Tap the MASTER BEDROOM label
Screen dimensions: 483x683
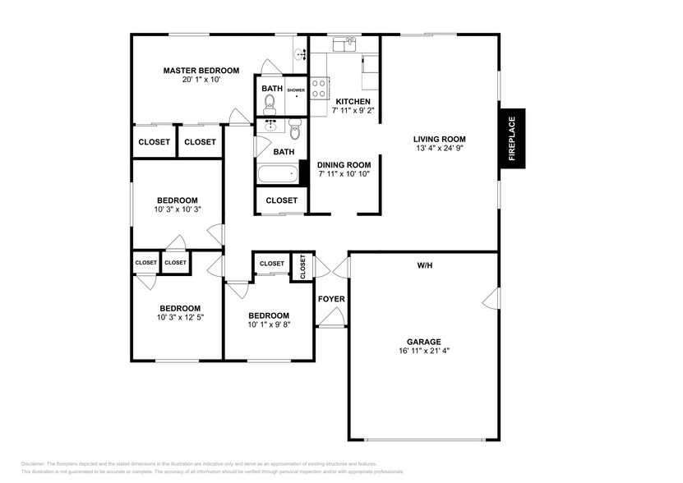[x=201, y=71]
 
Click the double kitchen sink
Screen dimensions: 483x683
[x=344, y=44]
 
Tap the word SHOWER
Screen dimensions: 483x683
[x=296, y=90]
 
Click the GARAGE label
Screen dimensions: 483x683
[x=424, y=342]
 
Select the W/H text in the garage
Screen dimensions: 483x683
[x=424, y=265]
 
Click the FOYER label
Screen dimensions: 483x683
[x=331, y=298]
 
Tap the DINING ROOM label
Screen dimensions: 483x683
[x=344, y=164]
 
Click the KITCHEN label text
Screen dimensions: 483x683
[x=353, y=101]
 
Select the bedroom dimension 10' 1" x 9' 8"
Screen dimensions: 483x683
[x=269, y=325]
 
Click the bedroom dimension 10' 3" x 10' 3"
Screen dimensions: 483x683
[x=178, y=209]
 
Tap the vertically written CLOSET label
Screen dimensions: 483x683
[x=302, y=265]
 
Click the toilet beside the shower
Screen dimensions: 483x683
[x=270, y=105]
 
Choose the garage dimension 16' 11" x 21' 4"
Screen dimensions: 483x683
[x=424, y=351]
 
